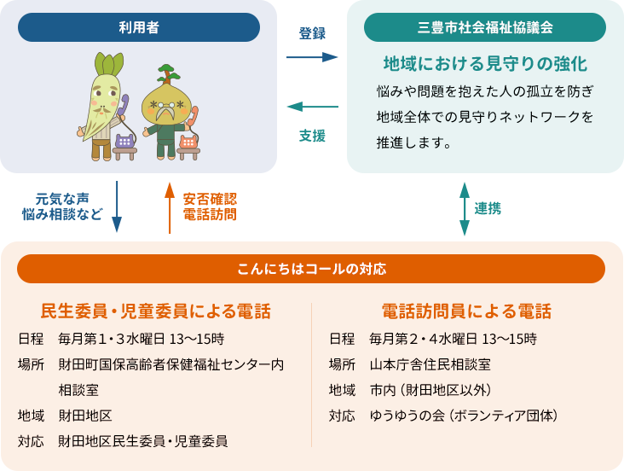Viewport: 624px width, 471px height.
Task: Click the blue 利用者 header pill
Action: point(139,27)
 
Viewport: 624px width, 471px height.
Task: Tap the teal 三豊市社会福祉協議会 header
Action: point(485,27)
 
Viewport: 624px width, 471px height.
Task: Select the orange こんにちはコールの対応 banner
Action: point(311,269)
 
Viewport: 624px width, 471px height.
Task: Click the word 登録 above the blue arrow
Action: point(312,33)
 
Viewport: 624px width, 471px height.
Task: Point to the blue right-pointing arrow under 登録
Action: point(312,57)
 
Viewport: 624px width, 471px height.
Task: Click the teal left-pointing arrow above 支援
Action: point(313,107)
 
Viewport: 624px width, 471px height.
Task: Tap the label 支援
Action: point(312,136)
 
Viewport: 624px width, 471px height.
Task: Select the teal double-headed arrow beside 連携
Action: point(465,209)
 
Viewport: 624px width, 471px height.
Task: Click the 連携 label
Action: point(488,208)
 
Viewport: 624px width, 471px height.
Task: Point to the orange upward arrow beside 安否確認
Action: point(170,208)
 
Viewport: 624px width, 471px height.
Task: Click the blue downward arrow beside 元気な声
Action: point(117,206)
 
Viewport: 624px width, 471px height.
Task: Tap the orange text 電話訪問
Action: point(210,214)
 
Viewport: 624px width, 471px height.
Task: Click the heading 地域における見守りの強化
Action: point(485,64)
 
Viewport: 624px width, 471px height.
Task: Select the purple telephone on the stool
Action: point(124,142)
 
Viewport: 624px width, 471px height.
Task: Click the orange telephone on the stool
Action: point(188,142)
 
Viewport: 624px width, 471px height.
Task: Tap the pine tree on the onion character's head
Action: point(167,74)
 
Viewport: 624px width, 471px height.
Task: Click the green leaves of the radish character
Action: point(108,65)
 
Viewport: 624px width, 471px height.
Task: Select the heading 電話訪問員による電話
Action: point(466,311)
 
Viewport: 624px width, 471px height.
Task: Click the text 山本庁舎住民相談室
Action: point(430,364)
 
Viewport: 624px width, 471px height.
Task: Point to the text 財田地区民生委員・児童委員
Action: point(143,441)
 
